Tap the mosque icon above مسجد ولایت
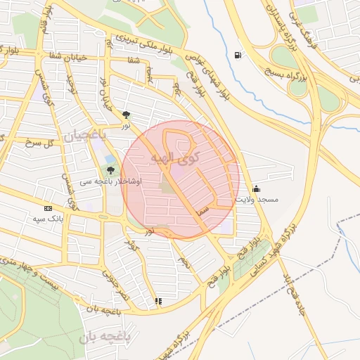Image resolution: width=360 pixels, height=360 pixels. (x=255, y=188)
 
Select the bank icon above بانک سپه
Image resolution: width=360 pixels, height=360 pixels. (x=48, y=208)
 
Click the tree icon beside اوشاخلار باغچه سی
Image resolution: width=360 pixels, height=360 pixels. (x=110, y=169)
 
